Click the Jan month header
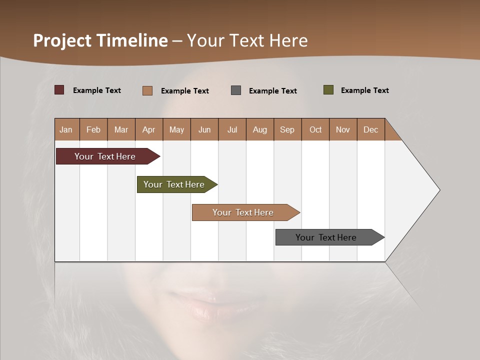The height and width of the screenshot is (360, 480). pos(66,129)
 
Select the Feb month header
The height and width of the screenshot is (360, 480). pos(93,129)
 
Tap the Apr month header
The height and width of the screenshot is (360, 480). pos(149,129)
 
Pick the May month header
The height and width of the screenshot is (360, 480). pos(176,129)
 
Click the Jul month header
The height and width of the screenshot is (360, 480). pos(232,129)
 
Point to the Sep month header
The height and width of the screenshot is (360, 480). pos(287,129)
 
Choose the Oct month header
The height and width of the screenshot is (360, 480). pos(315,129)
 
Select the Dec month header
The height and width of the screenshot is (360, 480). pos(371,129)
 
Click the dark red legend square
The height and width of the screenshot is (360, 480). pos(59,90)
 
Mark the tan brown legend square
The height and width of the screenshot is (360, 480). pos(147,90)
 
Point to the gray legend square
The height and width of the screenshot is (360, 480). pos(236,90)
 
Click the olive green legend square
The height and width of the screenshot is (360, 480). pos(328,90)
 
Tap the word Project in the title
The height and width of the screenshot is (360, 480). pos(62,40)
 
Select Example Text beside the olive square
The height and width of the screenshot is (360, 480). pos(364,90)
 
